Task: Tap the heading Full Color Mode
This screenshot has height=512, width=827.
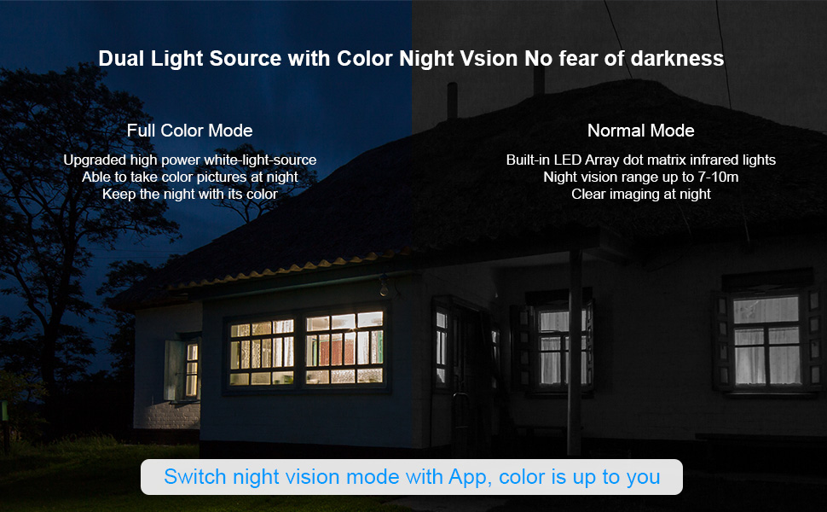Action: click(x=190, y=131)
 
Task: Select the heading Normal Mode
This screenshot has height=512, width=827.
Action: click(x=641, y=131)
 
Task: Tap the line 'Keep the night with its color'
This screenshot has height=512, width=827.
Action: click(x=190, y=195)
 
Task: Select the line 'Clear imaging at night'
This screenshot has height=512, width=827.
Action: click(x=641, y=195)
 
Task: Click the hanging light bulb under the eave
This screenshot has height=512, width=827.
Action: click(x=384, y=288)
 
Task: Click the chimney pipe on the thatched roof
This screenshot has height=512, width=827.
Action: click(x=453, y=101)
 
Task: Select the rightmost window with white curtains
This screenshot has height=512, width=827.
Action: click(x=766, y=340)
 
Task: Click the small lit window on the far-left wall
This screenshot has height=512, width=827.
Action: click(x=192, y=369)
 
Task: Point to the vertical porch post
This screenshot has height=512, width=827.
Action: click(x=575, y=352)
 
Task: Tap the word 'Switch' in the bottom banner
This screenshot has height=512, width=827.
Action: click(x=195, y=477)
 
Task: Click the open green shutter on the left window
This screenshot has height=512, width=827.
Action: click(x=174, y=369)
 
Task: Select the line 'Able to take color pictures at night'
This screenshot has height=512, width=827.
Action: click(x=190, y=177)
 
